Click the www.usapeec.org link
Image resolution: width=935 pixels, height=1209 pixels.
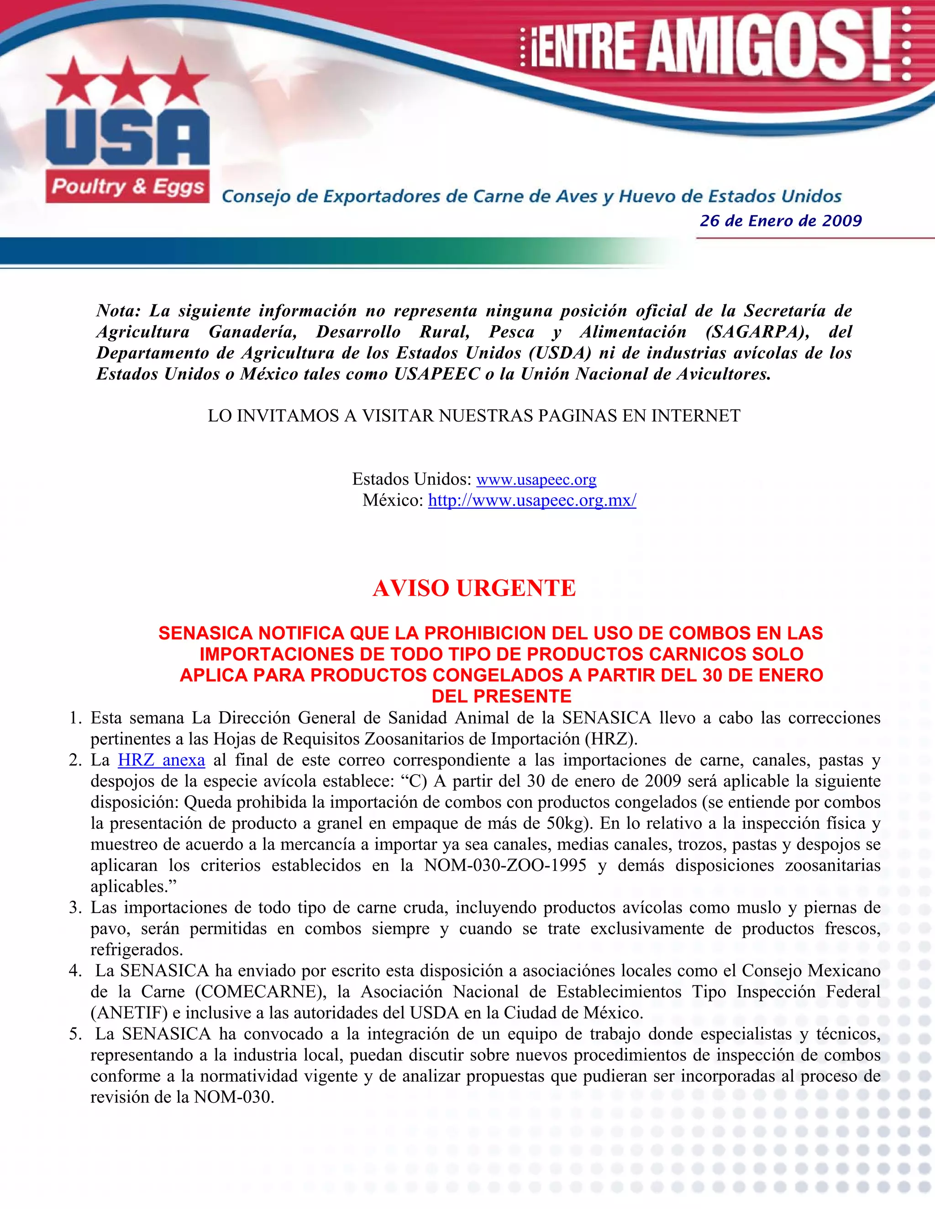(536, 479)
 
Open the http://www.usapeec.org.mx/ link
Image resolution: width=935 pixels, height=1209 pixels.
(532, 500)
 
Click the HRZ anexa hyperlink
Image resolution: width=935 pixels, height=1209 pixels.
(161, 760)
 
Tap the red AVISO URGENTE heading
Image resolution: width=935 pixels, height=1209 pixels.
(474, 588)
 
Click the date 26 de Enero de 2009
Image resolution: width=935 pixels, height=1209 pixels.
(780, 221)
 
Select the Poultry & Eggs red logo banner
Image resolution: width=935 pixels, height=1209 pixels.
(127, 187)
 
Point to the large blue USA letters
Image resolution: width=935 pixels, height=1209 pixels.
(127, 137)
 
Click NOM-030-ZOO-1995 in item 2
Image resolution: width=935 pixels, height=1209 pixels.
(505, 865)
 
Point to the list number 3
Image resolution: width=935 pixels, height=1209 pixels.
(75, 907)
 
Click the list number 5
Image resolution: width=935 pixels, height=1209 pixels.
(75, 1033)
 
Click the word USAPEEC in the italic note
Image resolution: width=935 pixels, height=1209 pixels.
(436, 374)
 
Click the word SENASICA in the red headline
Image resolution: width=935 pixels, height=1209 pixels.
(205, 633)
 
